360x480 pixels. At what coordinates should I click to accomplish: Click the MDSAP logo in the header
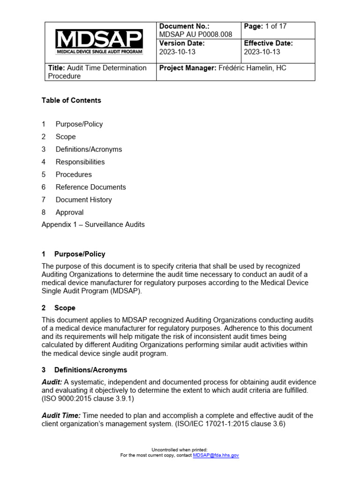[99, 42]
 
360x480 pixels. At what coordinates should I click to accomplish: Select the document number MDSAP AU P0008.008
[196, 35]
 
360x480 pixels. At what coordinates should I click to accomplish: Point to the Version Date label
[182, 43]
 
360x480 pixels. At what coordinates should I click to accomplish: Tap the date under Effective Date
[262, 52]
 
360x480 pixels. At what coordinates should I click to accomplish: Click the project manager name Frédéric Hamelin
[247, 68]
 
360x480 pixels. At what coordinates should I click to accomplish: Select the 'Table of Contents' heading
[71, 100]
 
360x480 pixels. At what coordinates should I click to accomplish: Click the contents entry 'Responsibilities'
[80, 162]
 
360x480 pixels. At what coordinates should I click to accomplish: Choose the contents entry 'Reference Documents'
[90, 187]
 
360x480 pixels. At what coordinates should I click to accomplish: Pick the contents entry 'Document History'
[83, 200]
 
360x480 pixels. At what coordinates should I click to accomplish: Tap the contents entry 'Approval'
[69, 212]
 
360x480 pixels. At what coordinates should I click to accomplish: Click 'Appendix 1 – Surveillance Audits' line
[93, 225]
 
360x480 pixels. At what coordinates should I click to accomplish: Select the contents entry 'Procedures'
[74, 174]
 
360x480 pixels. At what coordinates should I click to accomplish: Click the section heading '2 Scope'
[59, 308]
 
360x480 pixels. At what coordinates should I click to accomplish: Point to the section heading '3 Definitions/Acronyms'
[84, 370]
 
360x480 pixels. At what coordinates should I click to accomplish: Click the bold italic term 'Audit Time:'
[61, 416]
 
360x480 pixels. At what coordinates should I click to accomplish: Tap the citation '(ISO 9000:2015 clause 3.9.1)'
[86, 398]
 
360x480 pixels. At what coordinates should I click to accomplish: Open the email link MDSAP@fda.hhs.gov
[216, 455]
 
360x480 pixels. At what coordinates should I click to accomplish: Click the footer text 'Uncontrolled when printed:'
[180, 450]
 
